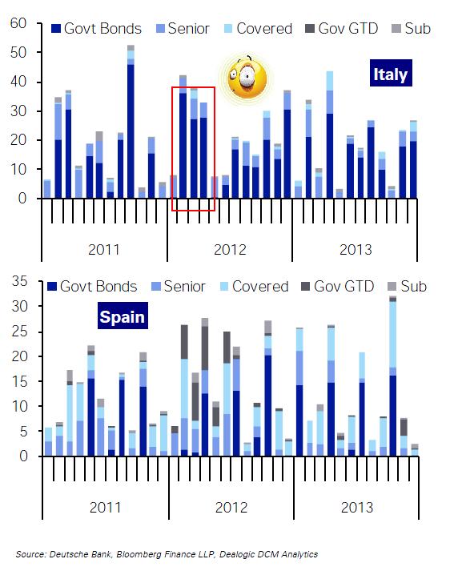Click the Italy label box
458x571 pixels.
pos(391,73)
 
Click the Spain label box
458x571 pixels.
pos(123,316)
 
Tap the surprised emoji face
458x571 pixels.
pos(247,78)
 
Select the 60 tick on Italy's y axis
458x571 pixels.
pos(18,23)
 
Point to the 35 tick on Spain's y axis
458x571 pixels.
pos(20,281)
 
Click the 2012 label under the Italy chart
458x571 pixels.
pos(230,250)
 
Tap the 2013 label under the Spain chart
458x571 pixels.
pos(357,508)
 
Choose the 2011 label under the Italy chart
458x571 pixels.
pos(104,250)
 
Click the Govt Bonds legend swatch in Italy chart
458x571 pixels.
pos(56,29)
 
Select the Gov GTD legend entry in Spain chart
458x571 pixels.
pos(338,287)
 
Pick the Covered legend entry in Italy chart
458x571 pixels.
pos(258,29)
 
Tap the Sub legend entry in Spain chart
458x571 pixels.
pos(407,287)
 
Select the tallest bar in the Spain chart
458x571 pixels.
pos(393,376)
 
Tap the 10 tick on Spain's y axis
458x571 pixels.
pos(20,406)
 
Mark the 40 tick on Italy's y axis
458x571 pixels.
pos(18,82)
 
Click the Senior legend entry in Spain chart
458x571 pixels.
pos(179,287)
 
